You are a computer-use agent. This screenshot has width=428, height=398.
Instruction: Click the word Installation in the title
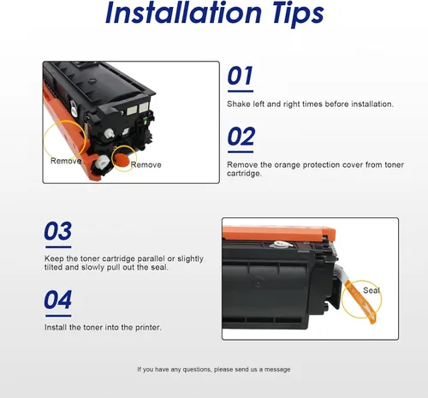(x=183, y=13)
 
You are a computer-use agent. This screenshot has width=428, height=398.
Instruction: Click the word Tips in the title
(x=298, y=15)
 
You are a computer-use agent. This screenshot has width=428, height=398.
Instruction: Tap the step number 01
(x=241, y=75)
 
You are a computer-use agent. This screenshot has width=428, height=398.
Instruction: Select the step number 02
(x=241, y=136)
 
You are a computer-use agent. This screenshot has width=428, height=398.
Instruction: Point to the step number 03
(x=58, y=231)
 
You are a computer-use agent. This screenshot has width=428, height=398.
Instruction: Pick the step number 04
(x=58, y=300)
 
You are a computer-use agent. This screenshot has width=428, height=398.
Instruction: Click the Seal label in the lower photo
(x=372, y=290)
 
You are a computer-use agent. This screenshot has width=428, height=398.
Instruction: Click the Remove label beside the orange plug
(x=146, y=164)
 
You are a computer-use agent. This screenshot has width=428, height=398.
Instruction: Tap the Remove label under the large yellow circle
(x=66, y=161)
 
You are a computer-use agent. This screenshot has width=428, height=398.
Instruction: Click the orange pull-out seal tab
(x=361, y=301)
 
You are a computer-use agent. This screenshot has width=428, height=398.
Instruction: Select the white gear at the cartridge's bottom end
(x=102, y=163)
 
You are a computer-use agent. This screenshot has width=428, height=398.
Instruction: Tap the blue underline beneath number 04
(x=58, y=316)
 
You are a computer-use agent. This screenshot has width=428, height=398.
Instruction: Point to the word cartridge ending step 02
(x=244, y=174)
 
